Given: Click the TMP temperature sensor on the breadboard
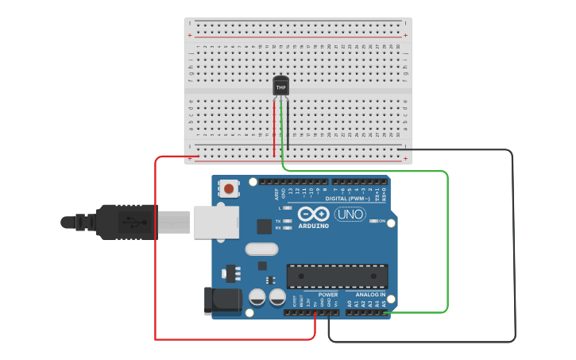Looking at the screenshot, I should [280, 86].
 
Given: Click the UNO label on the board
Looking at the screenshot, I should [350, 214].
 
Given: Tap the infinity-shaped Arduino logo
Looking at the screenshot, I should [314, 215].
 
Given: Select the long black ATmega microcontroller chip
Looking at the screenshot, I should [338, 276].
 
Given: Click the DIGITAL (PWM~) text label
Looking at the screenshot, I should [357, 199].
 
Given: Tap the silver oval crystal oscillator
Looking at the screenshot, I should [262, 250].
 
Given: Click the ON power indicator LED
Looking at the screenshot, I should [373, 221].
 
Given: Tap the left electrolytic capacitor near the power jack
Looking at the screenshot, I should [257, 298].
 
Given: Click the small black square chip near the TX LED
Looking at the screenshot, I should [264, 226].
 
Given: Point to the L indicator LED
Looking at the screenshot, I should [288, 208].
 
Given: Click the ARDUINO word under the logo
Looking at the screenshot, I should [314, 226].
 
